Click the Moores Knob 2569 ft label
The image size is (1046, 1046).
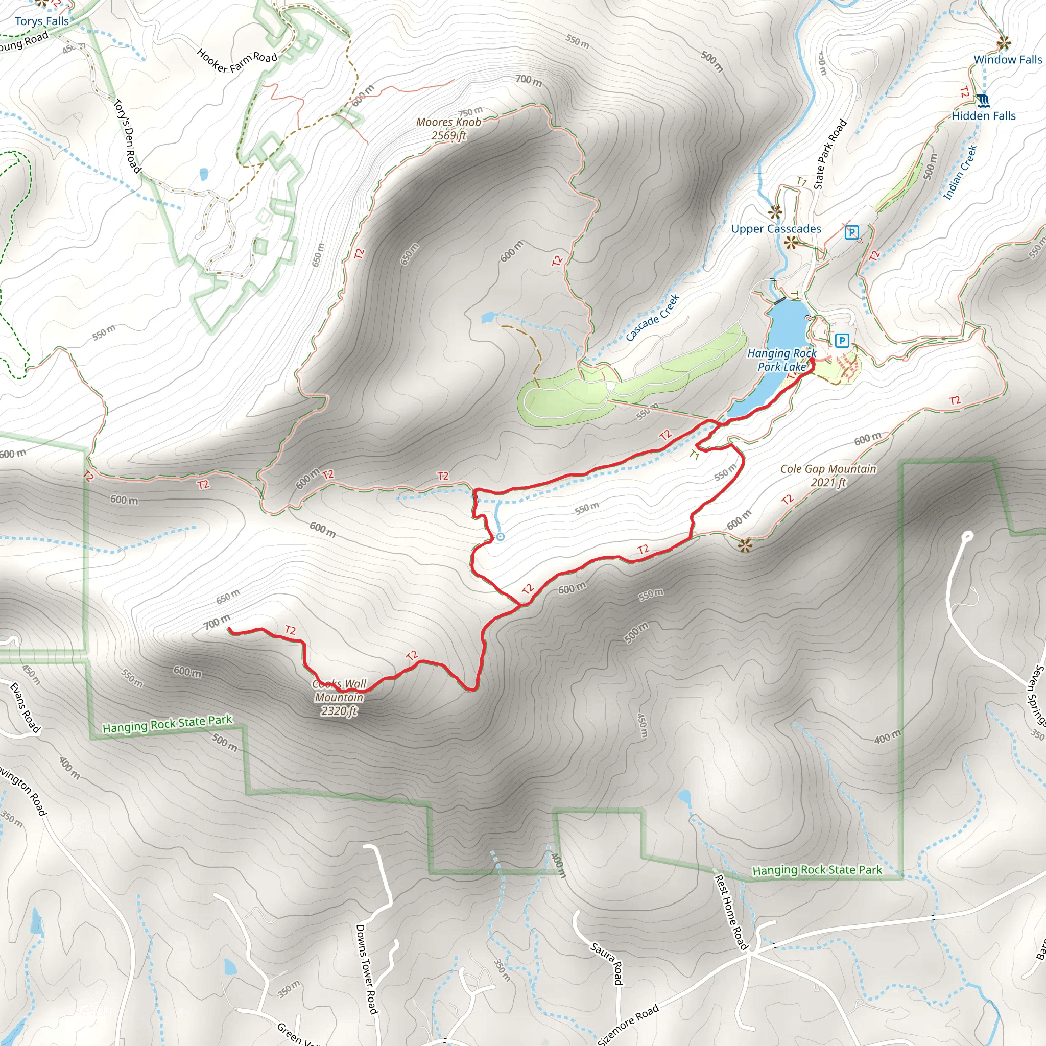(448, 129)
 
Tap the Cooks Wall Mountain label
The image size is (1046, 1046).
(340, 698)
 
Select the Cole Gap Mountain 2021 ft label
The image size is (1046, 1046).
(828, 476)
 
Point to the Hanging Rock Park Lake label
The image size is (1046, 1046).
(781, 360)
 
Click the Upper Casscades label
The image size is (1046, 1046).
(776, 229)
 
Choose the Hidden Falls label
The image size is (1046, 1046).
(984, 116)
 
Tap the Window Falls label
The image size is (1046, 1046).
(1008, 60)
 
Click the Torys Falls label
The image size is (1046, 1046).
(42, 21)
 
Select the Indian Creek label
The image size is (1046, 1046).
(960, 172)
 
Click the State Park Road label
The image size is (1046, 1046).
(829, 154)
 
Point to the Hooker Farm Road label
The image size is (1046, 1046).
(236, 61)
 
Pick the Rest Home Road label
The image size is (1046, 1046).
(731, 912)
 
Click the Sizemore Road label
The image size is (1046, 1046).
(629, 1025)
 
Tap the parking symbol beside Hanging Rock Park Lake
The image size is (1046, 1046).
(841, 341)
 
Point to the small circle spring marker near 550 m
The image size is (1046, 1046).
(500, 537)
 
